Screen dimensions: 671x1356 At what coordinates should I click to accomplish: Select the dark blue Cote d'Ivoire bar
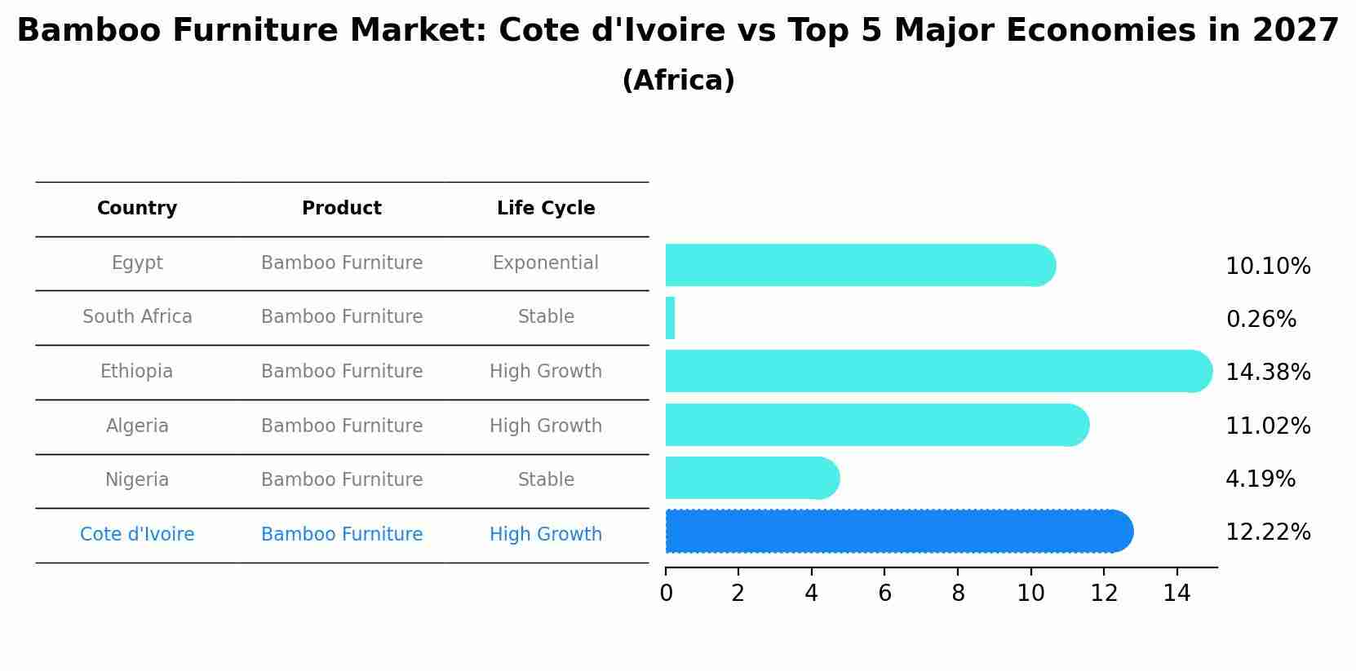(x=897, y=532)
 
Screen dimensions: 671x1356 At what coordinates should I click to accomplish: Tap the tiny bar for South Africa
(x=670, y=318)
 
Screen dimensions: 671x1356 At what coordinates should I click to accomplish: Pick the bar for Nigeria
(x=751, y=478)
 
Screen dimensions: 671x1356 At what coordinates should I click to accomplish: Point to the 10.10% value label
(x=1268, y=267)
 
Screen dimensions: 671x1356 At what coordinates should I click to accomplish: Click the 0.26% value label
(x=1261, y=320)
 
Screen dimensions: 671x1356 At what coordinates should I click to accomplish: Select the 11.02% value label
(x=1268, y=426)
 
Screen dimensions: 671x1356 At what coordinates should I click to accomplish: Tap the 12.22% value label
(x=1268, y=532)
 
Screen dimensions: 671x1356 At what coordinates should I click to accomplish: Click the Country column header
(x=137, y=209)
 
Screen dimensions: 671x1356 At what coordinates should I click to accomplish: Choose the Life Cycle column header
(x=546, y=209)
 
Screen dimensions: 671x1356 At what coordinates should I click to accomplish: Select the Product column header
(x=342, y=209)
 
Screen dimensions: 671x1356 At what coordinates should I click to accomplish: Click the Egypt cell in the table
(x=137, y=263)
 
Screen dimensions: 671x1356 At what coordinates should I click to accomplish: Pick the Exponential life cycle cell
(x=546, y=263)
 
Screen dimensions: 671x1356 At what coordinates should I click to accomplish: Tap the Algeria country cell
(x=137, y=426)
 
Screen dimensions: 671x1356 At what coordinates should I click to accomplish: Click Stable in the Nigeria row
(x=546, y=480)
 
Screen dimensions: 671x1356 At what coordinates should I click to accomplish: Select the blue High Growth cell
(x=546, y=535)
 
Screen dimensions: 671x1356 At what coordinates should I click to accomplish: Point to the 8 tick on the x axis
(x=958, y=594)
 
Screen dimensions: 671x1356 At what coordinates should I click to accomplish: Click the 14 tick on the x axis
(x=1177, y=594)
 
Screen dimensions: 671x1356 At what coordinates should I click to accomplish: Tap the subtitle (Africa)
(x=678, y=81)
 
